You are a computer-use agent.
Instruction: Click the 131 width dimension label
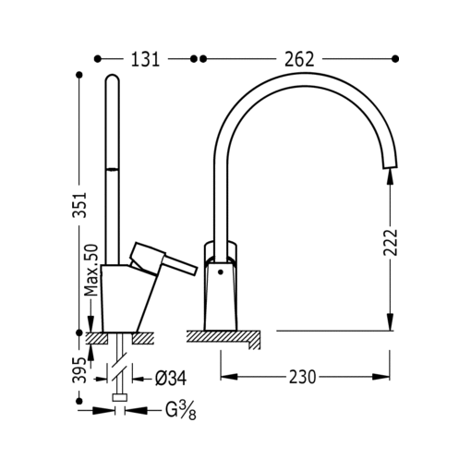[145, 59]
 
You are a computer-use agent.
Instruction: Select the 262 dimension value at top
[299, 59]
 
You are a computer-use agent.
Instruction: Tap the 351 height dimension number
[79, 205]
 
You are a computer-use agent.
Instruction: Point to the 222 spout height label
[391, 242]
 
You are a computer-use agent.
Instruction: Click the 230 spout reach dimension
[302, 377]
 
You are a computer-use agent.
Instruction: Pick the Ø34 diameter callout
[171, 378]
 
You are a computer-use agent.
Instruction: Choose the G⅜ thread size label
[181, 411]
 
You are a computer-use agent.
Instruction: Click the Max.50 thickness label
[91, 271]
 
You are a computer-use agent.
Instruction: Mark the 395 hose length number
[79, 370]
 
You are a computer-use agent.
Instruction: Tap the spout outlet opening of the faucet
[390, 165]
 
